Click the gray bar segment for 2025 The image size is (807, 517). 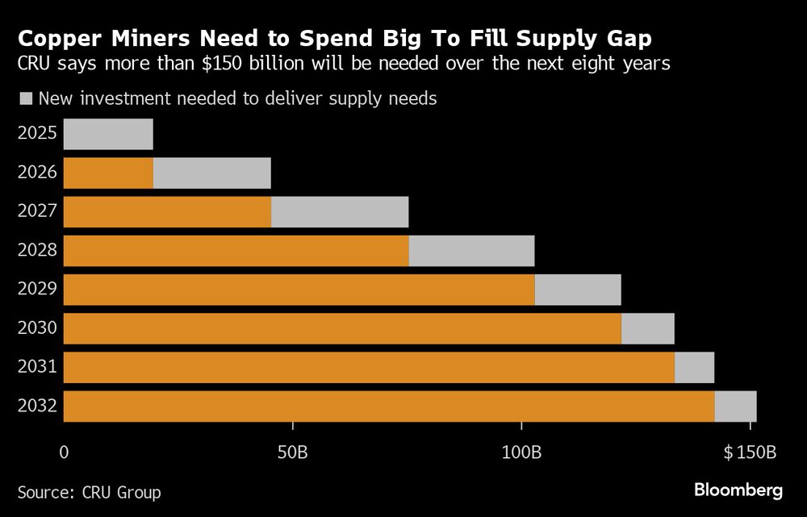click(x=108, y=134)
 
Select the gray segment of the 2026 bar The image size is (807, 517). click(x=211, y=173)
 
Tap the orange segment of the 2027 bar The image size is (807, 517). click(x=167, y=212)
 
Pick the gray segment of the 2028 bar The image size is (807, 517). click(x=471, y=251)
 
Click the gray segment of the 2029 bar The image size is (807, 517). click(x=578, y=290)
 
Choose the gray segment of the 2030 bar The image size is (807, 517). click(x=647, y=328)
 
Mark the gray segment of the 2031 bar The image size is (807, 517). click(x=694, y=367)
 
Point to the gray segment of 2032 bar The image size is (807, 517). click(x=735, y=406)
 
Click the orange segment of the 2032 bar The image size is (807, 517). click(x=388, y=406)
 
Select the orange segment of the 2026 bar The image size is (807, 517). click(x=108, y=173)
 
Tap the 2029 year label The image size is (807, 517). click(x=37, y=290)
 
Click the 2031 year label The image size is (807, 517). click(x=37, y=367)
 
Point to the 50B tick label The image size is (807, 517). click(x=292, y=452)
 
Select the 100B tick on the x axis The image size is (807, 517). click(x=521, y=452)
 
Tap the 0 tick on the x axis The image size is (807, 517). click(x=64, y=452)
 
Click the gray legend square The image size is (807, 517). click(x=25, y=98)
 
